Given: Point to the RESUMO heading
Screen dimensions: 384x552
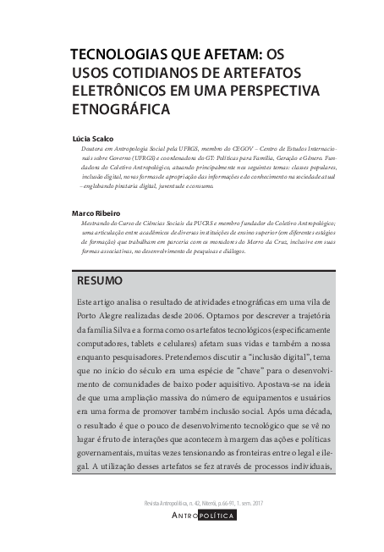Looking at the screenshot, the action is coord(100,280).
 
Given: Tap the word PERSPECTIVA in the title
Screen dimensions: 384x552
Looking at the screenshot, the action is coord(265,91).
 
